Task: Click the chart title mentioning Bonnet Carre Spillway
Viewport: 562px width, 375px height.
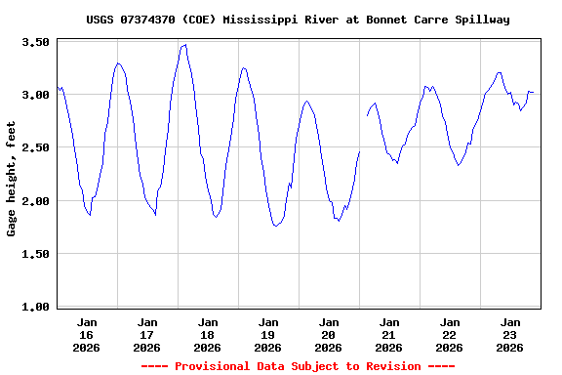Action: coord(298,20)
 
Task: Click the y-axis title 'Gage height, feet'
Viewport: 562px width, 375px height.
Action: coord(12,179)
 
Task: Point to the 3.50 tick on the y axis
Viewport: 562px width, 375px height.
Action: coord(36,42)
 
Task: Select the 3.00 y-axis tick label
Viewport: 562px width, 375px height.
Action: coord(36,95)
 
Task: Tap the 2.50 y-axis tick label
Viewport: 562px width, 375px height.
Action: coord(36,147)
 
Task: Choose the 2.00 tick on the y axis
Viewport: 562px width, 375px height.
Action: coord(36,200)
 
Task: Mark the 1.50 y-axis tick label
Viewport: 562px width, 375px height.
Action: coord(36,254)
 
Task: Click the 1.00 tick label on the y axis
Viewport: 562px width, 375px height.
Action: coord(36,307)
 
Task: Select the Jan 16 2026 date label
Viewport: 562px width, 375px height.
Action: coord(87,334)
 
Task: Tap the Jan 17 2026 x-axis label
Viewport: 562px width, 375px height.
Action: coord(147,334)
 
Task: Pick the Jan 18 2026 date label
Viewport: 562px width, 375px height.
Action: coord(208,334)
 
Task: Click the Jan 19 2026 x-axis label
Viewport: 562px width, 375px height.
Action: coord(268,334)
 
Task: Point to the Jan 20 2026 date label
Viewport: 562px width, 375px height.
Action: coord(329,334)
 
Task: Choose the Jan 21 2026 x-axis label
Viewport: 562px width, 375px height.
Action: coord(389,334)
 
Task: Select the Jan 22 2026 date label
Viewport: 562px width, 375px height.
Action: coord(450,334)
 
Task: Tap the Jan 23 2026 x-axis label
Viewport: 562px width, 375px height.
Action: coord(510,334)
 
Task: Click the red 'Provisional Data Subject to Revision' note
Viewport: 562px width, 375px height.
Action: coord(298,366)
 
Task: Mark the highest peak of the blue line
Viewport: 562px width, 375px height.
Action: coord(184,45)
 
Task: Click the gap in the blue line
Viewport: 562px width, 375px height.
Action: coord(363,134)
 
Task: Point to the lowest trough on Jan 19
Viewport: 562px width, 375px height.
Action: coord(277,226)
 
